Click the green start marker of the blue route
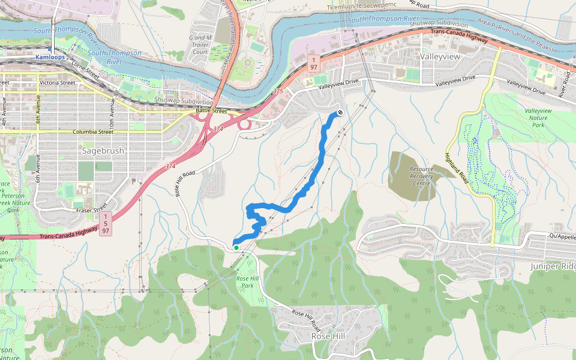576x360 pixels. [236, 247]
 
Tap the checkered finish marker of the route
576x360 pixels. [340, 112]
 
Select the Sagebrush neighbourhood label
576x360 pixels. [103, 151]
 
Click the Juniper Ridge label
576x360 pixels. [553, 265]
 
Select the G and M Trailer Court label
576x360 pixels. [199, 45]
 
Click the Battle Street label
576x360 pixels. [212, 111]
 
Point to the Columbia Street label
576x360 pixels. [92, 131]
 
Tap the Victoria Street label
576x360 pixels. [57, 83]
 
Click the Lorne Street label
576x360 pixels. [85, 68]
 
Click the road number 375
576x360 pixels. [277, 91]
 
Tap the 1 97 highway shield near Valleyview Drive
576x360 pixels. [313, 63]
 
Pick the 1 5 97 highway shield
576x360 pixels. [106, 223]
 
